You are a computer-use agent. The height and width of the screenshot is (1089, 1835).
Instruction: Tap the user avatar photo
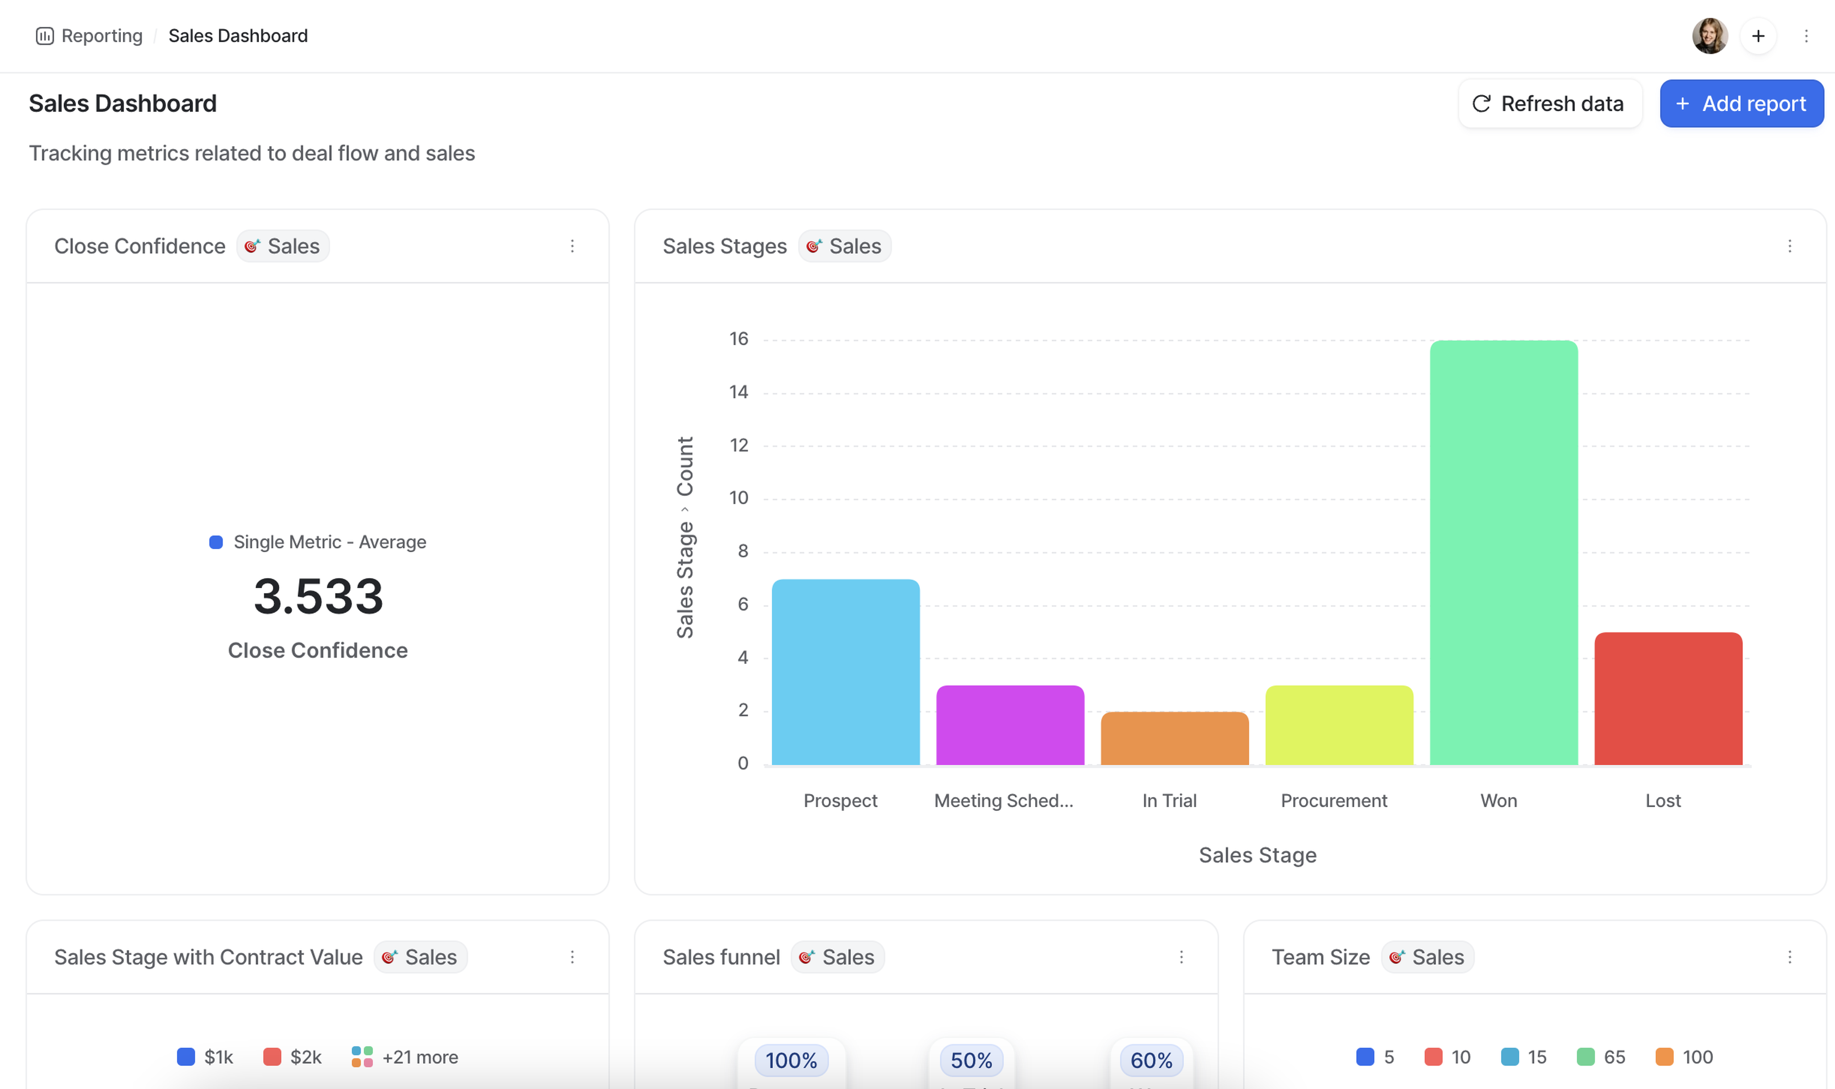click(1709, 36)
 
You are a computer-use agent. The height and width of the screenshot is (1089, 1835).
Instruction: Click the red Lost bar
click(1668, 698)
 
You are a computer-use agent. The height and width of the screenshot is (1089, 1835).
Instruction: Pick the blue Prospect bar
click(845, 672)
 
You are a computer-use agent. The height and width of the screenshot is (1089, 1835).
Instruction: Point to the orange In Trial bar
click(1175, 737)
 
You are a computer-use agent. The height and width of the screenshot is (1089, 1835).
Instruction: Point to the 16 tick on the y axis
click(738, 339)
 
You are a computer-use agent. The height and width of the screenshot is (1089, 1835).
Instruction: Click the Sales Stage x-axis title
click(1257, 855)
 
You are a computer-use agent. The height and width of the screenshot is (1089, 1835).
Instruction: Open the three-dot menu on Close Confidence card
click(572, 246)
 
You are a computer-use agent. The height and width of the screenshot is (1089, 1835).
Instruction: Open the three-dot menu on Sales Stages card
click(1790, 246)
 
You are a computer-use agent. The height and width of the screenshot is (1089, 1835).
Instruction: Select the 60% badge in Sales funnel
click(1151, 1060)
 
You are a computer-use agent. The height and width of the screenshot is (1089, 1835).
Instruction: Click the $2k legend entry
click(293, 1057)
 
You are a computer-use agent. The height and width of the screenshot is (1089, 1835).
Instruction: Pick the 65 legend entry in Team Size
click(1602, 1057)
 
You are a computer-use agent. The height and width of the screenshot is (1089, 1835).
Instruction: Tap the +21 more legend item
click(405, 1057)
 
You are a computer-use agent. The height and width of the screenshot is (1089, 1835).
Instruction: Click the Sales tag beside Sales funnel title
click(838, 957)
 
